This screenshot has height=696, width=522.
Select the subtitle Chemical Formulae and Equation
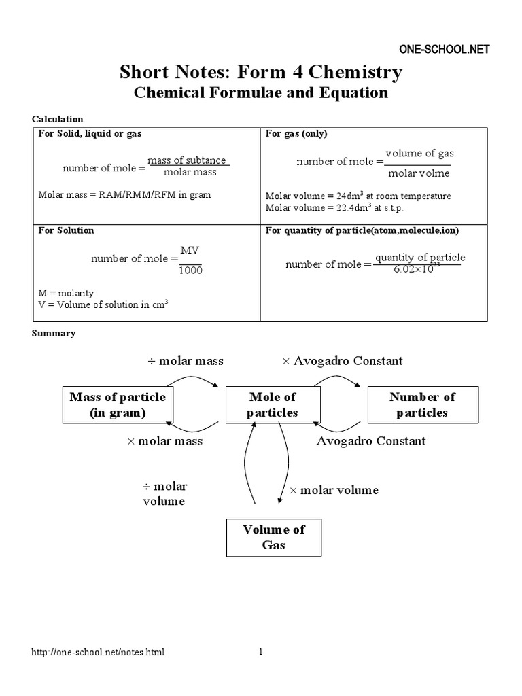point(261,93)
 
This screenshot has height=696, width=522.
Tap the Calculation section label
point(58,119)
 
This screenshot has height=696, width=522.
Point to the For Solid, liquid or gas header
point(90,134)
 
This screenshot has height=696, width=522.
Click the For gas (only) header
point(296,134)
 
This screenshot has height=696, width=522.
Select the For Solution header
point(66,230)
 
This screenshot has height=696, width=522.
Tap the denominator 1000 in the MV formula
point(190,271)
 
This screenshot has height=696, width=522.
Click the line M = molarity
point(66,293)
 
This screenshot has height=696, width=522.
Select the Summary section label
point(54,334)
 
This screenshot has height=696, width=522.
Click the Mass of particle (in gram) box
point(118,405)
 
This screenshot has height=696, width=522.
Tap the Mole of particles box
point(273,405)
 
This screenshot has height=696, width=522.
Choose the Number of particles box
point(422,405)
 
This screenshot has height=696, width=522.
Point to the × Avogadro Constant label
point(343,361)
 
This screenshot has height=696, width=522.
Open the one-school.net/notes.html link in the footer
point(99,652)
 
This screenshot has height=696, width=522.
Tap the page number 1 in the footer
point(260,652)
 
